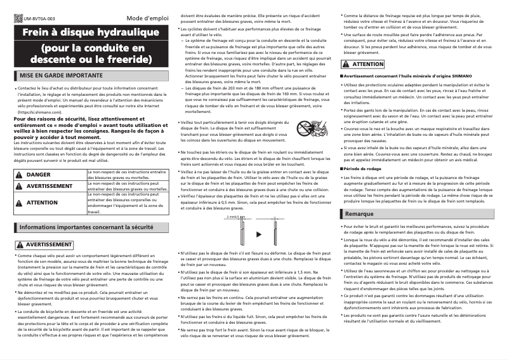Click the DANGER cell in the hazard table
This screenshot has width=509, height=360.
pos(38,174)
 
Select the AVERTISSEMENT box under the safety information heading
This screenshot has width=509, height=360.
pos(44,244)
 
